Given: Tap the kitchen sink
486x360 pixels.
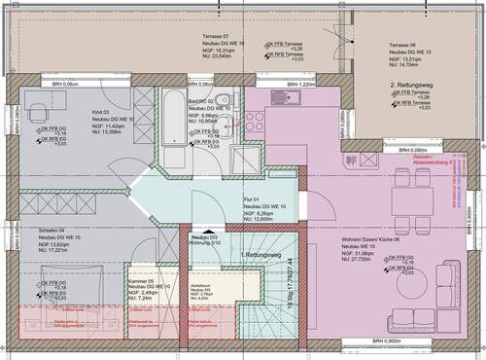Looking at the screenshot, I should [288, 95].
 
